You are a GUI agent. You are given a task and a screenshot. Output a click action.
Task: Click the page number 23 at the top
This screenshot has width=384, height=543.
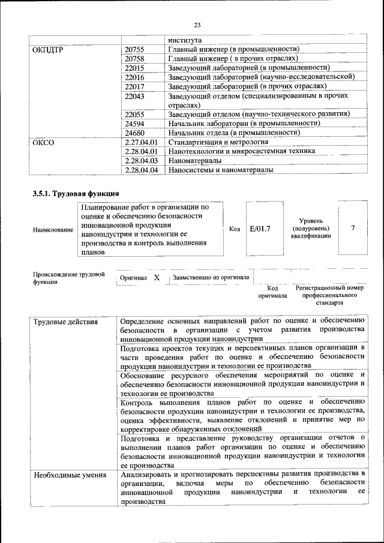pos(197,25)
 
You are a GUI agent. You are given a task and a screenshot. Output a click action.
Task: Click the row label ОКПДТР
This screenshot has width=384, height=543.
pos(47,49)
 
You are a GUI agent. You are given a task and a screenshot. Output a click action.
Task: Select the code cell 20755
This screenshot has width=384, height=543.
pos(134,49)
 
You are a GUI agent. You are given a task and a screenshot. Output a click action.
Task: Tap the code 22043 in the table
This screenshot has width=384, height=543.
pos(134,96)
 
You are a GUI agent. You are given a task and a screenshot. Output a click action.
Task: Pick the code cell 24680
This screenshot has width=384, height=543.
pos(134,132)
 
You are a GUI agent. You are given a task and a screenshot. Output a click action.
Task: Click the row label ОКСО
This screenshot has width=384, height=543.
pos(43,142)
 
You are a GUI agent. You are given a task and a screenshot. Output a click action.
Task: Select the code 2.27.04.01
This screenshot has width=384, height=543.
pos(142,142)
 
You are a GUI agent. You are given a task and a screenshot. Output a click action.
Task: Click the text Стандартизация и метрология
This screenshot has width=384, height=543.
pos(218,142)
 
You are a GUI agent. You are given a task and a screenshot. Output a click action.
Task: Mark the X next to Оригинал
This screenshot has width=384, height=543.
pos(157,278)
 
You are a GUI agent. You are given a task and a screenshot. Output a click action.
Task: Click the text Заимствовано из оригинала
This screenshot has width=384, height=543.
pos(211,278)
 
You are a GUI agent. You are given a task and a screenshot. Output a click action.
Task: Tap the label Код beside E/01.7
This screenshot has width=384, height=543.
pos(235,229)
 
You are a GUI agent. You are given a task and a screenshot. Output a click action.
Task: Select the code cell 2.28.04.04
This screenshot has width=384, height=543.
pos(142,170)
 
